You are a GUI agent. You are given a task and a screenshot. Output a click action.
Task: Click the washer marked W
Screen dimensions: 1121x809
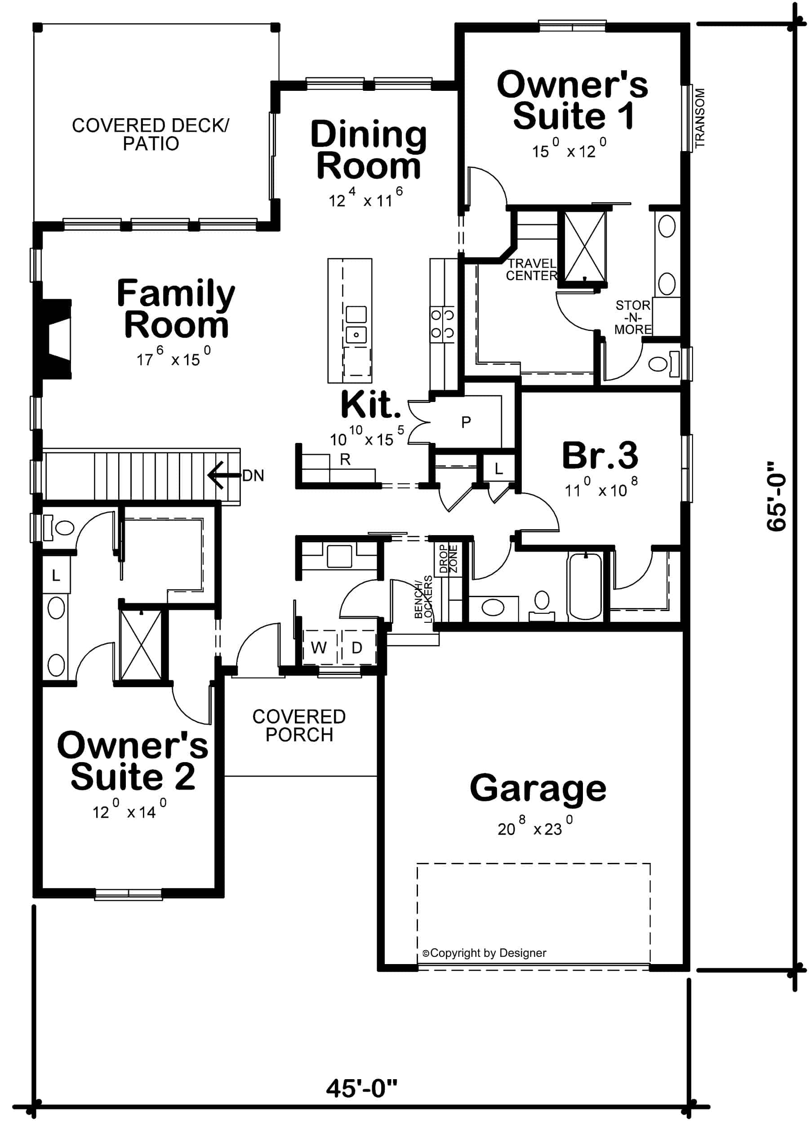(319, 648)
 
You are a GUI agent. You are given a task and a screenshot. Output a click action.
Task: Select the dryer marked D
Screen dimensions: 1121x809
(356, 648)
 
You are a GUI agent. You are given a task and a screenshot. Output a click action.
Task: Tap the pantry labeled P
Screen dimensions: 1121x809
(466, 422)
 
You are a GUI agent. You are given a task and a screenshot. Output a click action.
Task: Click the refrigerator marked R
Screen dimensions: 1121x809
(345, 459)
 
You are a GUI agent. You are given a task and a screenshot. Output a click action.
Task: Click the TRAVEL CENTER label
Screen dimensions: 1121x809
(531, 270)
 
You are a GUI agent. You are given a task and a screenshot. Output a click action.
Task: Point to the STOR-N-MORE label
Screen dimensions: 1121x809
(633, 317)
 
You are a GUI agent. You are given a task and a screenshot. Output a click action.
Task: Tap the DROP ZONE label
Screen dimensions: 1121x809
(449, 558)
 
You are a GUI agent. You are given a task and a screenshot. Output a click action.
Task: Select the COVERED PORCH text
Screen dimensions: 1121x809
(299, 726)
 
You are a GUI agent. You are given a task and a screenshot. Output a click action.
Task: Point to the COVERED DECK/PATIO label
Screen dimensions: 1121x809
(150, 134)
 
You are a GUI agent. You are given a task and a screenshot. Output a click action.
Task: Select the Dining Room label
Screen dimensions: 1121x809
(368, 150)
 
